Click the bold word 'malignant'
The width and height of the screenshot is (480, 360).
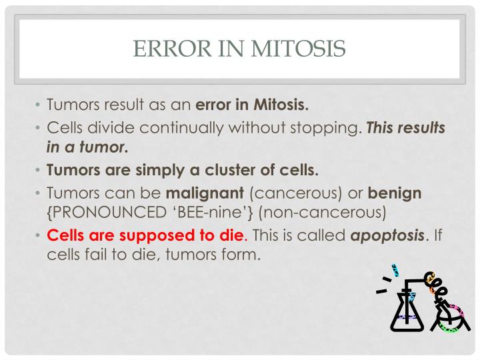tap(205, 193)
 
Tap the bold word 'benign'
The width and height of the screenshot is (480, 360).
tap(396, 193)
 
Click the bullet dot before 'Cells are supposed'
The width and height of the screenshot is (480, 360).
tap(38, 236)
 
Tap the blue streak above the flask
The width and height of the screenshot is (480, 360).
tap(395, 269)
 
